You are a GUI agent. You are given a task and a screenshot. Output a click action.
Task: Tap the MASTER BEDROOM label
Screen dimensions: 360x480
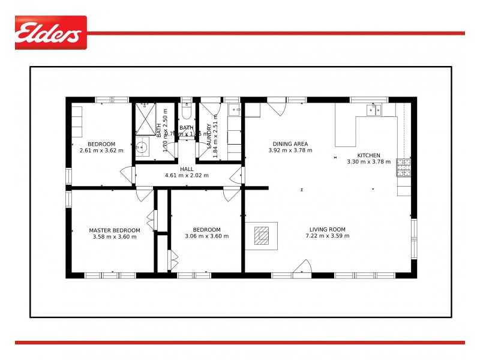115,230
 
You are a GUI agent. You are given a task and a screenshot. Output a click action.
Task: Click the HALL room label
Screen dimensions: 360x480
187,169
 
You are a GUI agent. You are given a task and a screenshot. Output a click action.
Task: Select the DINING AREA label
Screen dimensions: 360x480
290,144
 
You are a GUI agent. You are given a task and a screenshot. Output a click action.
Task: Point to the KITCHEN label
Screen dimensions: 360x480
368,155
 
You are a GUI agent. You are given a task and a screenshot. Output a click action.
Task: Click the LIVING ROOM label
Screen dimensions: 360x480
328,229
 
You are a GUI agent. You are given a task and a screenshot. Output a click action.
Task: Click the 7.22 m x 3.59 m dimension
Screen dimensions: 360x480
328,236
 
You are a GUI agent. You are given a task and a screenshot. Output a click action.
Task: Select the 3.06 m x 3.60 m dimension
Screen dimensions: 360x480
207,236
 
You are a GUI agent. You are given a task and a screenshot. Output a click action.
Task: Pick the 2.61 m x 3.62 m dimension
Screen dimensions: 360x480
101,150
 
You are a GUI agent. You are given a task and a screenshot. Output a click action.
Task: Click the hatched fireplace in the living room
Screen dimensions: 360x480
262,236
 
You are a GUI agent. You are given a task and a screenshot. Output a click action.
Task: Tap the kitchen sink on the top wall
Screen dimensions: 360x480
375,109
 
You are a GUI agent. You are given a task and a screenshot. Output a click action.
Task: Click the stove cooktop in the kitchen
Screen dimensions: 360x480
403,167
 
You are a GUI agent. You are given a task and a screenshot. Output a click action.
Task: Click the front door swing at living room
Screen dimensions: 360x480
302,268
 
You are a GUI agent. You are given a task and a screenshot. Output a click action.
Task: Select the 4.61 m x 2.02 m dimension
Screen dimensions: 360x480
187,176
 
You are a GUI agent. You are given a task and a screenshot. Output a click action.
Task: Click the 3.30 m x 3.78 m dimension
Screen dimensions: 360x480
368,161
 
